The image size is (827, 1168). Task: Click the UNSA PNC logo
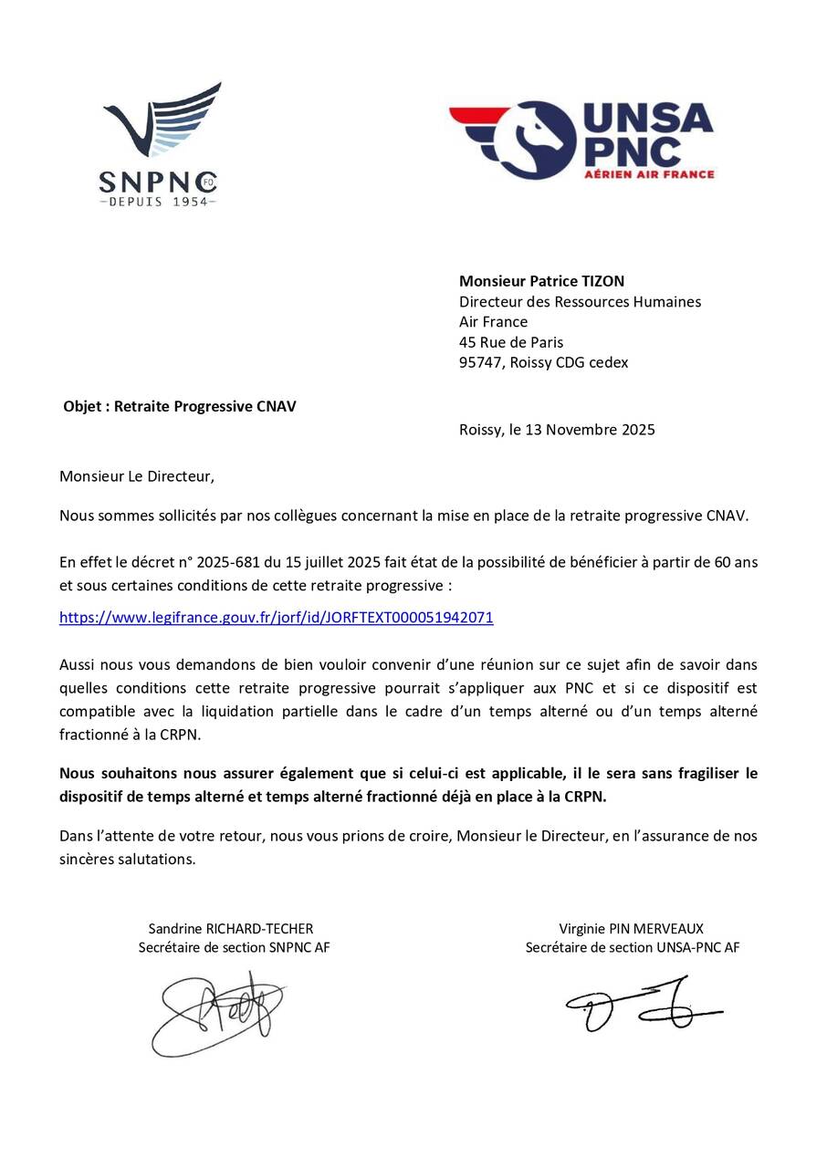[581, 140]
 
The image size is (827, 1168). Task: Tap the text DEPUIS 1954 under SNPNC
[157, 201]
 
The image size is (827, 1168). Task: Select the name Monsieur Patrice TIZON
[541, 281]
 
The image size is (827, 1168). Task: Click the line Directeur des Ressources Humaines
[580, 301]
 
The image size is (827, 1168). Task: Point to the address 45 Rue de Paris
[510, 342]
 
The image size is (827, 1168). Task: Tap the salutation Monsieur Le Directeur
[137, 475]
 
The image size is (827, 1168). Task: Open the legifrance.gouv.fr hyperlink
[276, 618]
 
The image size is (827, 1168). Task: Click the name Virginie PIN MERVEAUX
[632, 929]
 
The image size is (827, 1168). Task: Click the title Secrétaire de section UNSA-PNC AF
[632, 947]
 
